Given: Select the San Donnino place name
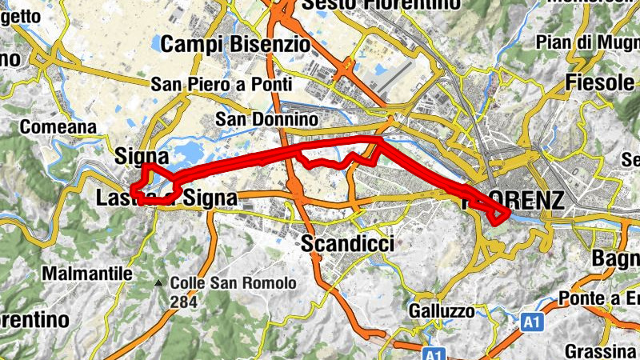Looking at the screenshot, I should coord(268,120).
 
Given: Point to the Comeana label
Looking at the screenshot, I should coord(58,126).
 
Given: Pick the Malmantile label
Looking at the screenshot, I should coord(86,273).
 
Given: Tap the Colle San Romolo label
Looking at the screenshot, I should coord(233,283).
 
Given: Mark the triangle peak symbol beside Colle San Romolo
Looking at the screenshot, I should coord(160,283).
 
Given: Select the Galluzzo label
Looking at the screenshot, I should coord(441,310).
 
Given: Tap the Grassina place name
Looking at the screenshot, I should coord(600,351).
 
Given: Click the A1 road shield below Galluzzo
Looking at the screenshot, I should coord(433,353).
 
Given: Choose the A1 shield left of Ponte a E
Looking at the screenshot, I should coord(531,321).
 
